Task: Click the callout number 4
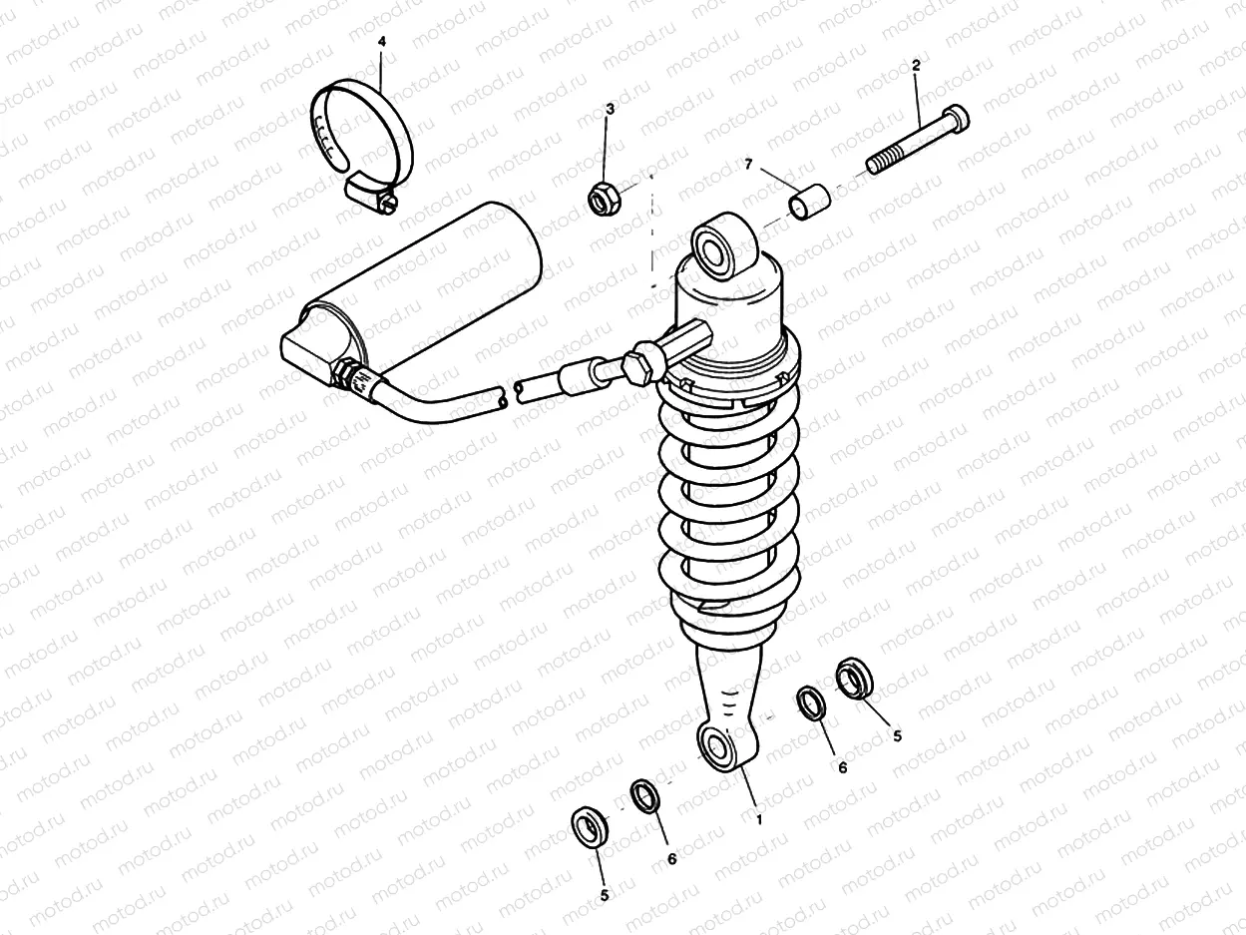point(381,42)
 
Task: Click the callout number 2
point(916,65)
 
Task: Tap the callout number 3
point(611,107)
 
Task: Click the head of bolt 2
point(955,119)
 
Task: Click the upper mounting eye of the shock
point(715,245)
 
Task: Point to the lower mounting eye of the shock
point(718,744)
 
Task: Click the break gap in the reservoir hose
point(509,393)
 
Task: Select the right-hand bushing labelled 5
point(854,679)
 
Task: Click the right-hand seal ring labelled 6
point(812,702)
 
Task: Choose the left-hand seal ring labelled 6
point(646,796)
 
